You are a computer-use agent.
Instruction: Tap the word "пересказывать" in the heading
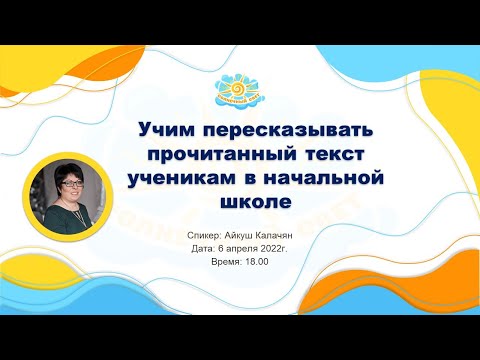tap(273, 132)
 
